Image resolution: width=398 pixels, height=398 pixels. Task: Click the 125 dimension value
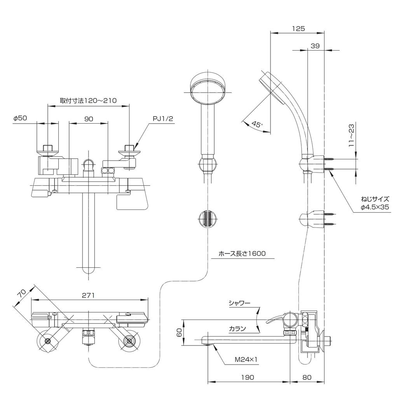pos(298,28)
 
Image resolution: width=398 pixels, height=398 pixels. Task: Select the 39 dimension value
pos(315,46)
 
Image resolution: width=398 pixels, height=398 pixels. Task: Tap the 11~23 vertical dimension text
pos(351,135)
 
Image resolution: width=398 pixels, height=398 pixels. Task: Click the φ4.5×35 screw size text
pos(375,207)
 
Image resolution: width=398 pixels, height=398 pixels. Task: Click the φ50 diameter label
pos(20,119)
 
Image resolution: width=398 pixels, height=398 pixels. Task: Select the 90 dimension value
pos(89,119)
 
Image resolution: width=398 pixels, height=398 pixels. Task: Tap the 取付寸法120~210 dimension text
pos(88,100)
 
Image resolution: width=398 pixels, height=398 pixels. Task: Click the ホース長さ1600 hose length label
pos(242,253)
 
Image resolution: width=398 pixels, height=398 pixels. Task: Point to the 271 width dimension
pos(89,295)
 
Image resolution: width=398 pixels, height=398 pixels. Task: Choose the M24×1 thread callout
pos(246,360)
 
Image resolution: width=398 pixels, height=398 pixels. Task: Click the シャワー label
pos(239,303)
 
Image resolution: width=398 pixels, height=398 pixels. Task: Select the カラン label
pos(237,328)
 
